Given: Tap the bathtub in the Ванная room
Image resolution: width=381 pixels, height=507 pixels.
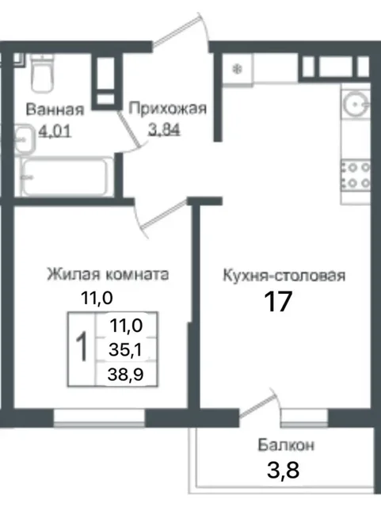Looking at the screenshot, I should [63, 176].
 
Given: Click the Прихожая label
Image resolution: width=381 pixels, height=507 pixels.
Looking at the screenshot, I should [167, 109].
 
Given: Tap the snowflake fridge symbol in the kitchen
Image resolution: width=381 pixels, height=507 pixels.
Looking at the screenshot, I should [235, 69].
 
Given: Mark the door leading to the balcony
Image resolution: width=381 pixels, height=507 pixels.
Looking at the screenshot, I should [257, 409].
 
